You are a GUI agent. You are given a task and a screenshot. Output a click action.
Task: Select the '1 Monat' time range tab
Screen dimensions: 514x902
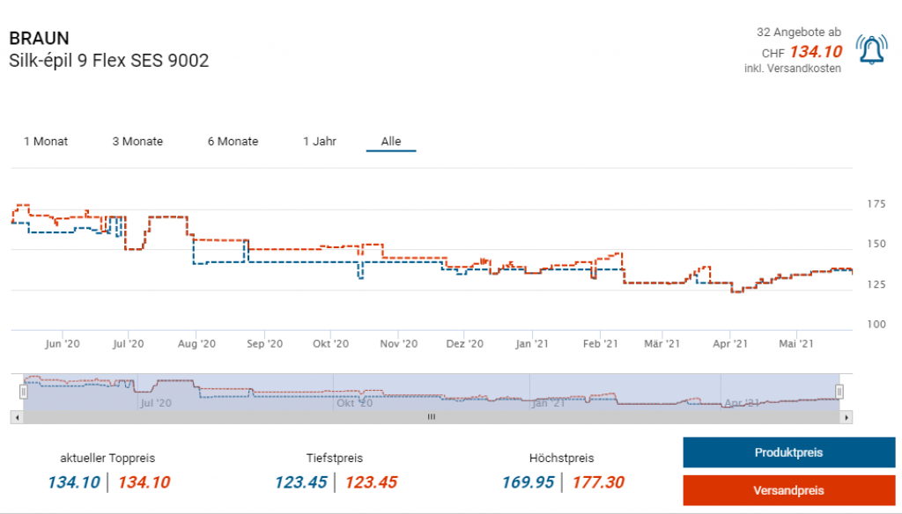[46, 142]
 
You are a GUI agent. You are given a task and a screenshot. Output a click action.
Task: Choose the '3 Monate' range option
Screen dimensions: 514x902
[137, 142]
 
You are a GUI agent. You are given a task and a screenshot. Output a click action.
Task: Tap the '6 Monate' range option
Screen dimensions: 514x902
[233, 142]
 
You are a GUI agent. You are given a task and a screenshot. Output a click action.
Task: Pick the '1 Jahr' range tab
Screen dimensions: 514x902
[320, 142]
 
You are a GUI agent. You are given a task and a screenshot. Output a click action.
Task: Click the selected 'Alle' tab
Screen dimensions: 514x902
[391, 142]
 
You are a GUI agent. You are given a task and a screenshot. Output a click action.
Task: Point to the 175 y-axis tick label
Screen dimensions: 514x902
[876, 204]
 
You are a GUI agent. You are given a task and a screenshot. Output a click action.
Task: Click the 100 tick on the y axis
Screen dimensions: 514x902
[876, 324]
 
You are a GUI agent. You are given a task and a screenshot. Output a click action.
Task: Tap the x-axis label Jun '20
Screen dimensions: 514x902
[63, 344]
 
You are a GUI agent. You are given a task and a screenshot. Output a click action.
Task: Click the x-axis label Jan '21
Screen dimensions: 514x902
[532, 344]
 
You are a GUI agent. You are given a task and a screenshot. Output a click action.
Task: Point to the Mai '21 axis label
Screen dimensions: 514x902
[795, 344]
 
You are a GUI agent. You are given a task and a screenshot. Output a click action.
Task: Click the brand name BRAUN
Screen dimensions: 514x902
[39, 39]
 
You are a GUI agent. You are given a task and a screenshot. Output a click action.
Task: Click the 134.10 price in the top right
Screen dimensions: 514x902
[815, 52]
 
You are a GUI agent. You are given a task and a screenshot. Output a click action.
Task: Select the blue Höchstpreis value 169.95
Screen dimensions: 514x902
[528, 482]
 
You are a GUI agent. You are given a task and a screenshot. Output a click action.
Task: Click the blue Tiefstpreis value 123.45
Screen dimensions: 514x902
[300, 482]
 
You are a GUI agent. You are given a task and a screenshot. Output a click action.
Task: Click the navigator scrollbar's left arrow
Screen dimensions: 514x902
[16, 417]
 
